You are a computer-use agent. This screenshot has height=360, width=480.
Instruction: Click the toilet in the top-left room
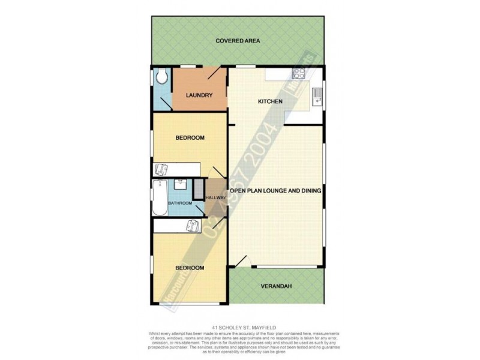(x=161, y=77)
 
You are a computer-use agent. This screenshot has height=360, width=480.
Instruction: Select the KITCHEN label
(x=269, y=101)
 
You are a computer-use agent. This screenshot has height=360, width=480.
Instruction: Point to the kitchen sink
(x=317, y=96)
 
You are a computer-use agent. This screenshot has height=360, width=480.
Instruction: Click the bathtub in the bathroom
(x=159, y=198)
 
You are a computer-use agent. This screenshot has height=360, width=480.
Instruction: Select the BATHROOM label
(x=180, y=203)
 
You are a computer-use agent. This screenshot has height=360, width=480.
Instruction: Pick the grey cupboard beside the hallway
(x=198, y=189)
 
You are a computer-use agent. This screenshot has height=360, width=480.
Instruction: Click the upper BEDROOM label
(x=190, y=138)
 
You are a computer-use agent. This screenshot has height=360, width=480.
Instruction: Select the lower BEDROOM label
(x=190, y=268)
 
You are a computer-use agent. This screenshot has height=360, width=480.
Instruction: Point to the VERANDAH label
(x=277, y=286)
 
